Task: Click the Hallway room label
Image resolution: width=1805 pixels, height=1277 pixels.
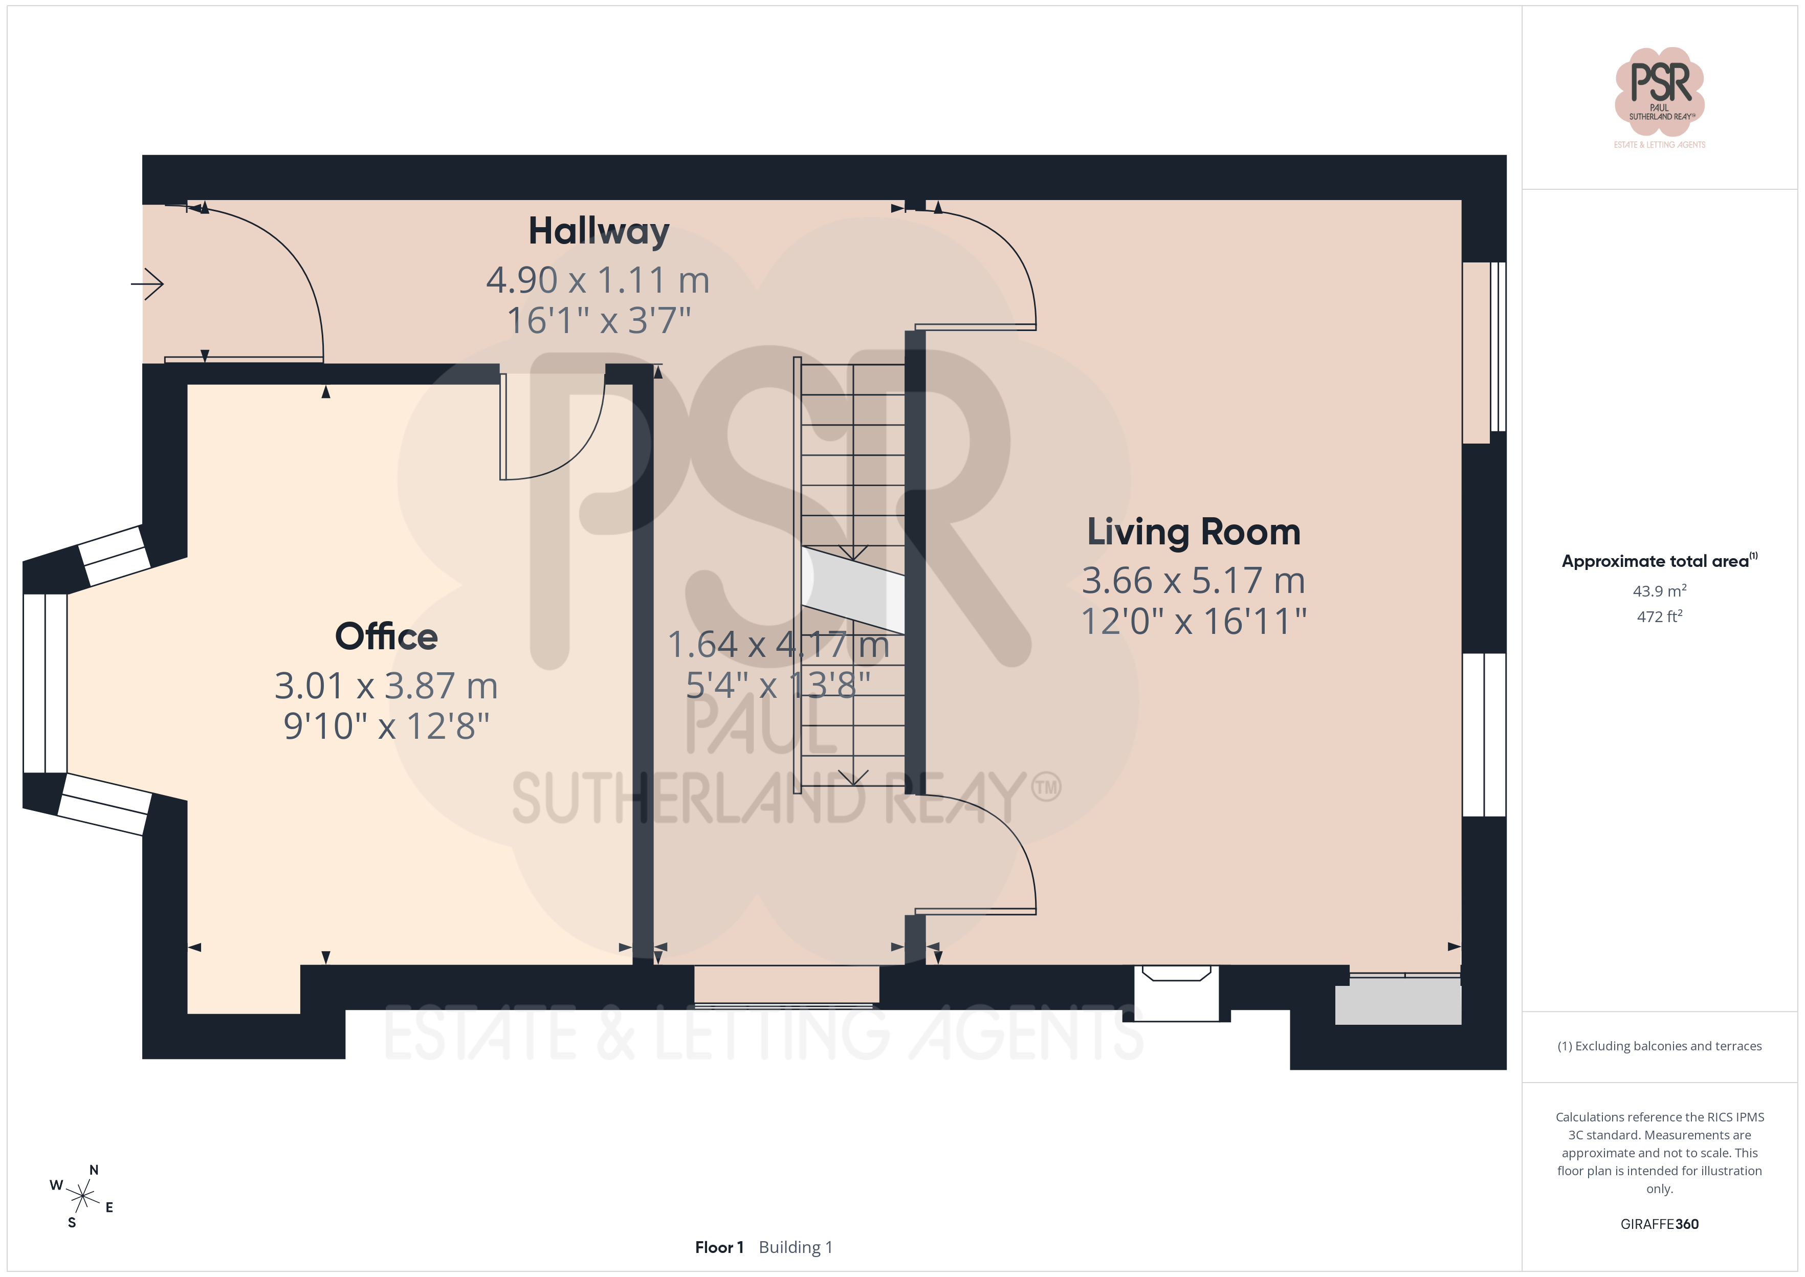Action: pyautogui.click(x=599, y=231)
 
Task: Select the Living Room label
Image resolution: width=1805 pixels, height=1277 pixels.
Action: pyautogui.click(x=1194, y=533)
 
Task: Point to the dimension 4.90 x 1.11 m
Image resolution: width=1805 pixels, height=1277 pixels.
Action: pyautogui.click(x=598, y=280)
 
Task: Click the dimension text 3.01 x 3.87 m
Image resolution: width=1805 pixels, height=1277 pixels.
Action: pyautogui.click(x=386, y=686)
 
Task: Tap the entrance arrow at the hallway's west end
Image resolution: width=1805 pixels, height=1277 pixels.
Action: pyautogui.click(x=147, y=284)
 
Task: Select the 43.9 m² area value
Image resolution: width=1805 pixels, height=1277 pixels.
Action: pyautogui.click(x=1660, y=590)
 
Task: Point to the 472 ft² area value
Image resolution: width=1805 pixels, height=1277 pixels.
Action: pyautogui.click(x=1660, y=617)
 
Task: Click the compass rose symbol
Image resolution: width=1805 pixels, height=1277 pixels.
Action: pyautogui.click(x=82, y=1196)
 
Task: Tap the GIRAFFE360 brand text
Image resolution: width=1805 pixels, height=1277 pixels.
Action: pyautogui.click(x=1660, y=1224)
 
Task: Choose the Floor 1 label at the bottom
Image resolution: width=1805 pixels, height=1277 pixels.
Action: pyautogui.click(x=718, y=1247)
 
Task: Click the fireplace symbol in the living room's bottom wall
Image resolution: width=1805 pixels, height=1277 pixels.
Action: pyautogui.click(x=1176, y=993)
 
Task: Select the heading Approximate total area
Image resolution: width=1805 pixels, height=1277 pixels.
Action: pyautogui.click(x=1660, y=561)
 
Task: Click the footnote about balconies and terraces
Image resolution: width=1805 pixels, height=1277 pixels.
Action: pyautogui.click(x=1660, y=1046)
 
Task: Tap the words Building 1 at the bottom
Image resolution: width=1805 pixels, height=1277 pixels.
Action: pyautogui.click(x=796, y=1247)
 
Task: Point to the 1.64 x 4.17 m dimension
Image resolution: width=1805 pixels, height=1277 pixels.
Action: pyautogui.click(x=778, y=645)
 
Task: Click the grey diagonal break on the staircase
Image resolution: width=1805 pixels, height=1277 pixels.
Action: pyautogui.click(x=853, y=590)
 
